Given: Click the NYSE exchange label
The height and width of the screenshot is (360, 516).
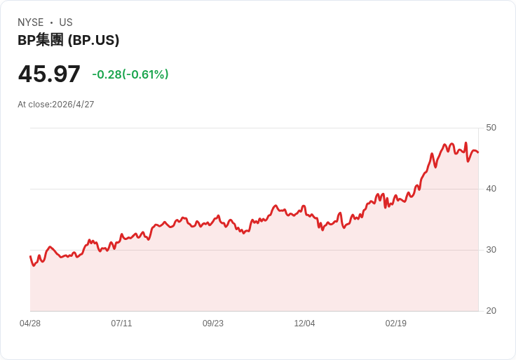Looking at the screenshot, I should tap(30, 22).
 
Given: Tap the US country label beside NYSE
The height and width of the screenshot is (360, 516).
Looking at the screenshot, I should tap(66, 22).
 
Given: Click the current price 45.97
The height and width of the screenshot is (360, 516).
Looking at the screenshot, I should tap(49, 74).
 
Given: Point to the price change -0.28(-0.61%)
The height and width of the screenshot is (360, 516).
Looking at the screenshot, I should tap(130, 74).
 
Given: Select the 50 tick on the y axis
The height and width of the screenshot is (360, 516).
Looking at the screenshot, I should tap(491, 128).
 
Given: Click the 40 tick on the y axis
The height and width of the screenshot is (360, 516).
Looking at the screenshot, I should tap(491, 189).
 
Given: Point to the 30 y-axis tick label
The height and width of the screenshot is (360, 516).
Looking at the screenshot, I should tap(491, 250).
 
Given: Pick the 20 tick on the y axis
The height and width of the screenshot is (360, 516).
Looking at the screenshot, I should tap(491, 311).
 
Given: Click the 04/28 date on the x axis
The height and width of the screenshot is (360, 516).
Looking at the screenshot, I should tap(30, 324).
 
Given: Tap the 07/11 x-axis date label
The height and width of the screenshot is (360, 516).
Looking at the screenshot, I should tap(121, 324).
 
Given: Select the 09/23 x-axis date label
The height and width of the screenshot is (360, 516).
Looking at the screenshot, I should tap(213, 324).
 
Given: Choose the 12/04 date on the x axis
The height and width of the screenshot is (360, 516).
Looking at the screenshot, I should tap(304, 324).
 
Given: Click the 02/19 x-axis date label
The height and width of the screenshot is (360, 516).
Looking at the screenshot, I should tap(396, 324).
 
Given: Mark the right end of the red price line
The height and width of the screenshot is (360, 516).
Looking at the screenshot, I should tap(478, 152).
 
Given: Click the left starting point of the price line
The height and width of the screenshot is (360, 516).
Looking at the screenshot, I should tap(30, 256).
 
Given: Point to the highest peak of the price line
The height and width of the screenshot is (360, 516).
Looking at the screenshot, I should tap(466, 143).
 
